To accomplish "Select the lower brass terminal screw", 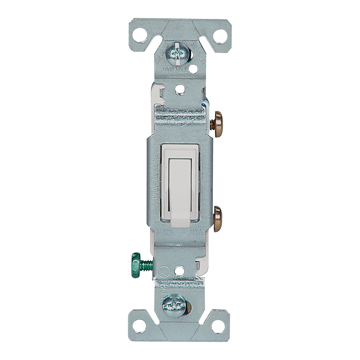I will tap(217, 219).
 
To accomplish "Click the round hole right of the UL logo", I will tap(180, 270).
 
